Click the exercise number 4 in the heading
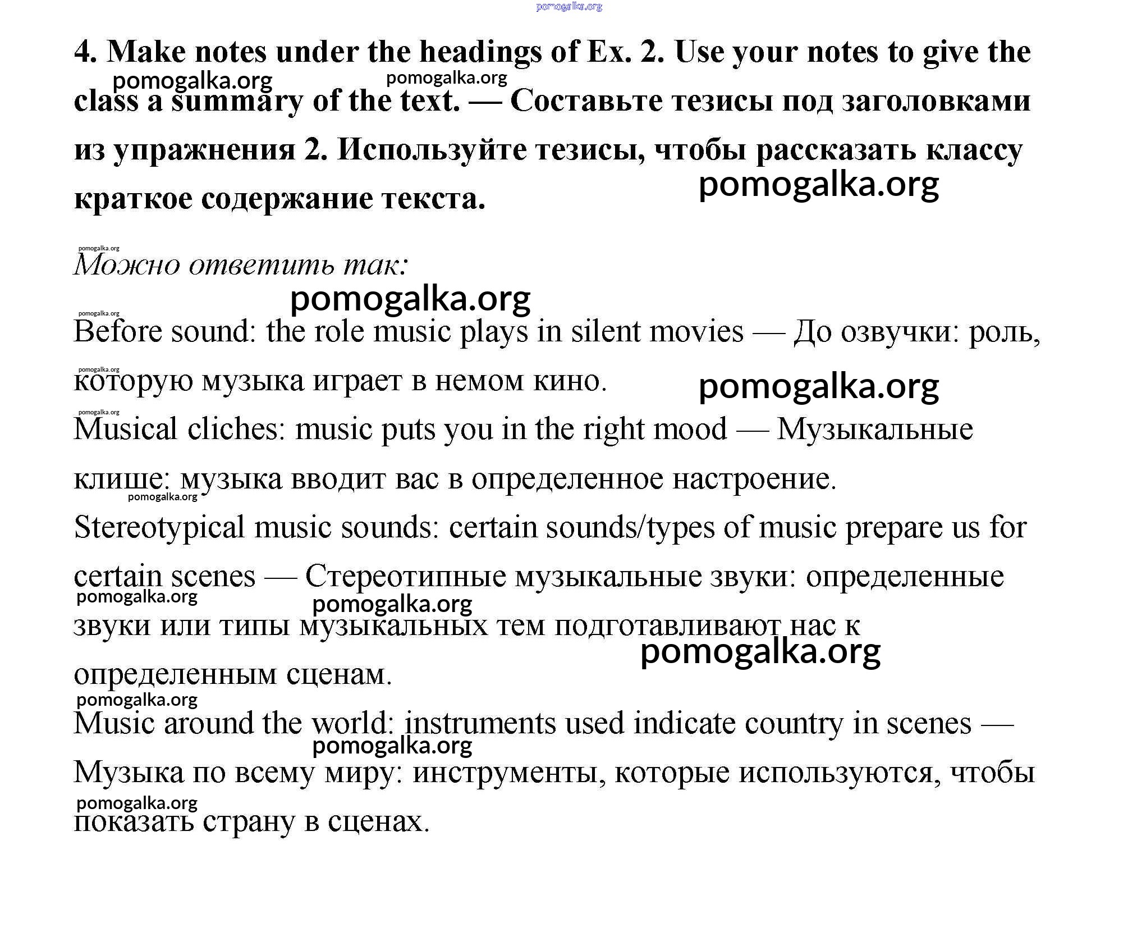pyautogui.click(x=85, y=52)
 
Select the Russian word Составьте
pyautogui.click(x=586, y=102)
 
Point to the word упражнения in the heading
pyautogui.click(x=204, y=151)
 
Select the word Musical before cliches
pyautogui.click(x=126, y=429)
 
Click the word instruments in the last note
pyautogui.click(x=480, y=723)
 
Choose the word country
pyautogui.click(x=794, y=723)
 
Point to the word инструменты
pyautogui.click(x=509, y=773)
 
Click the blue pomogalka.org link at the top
pyautogui.click(x=568, y=7)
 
